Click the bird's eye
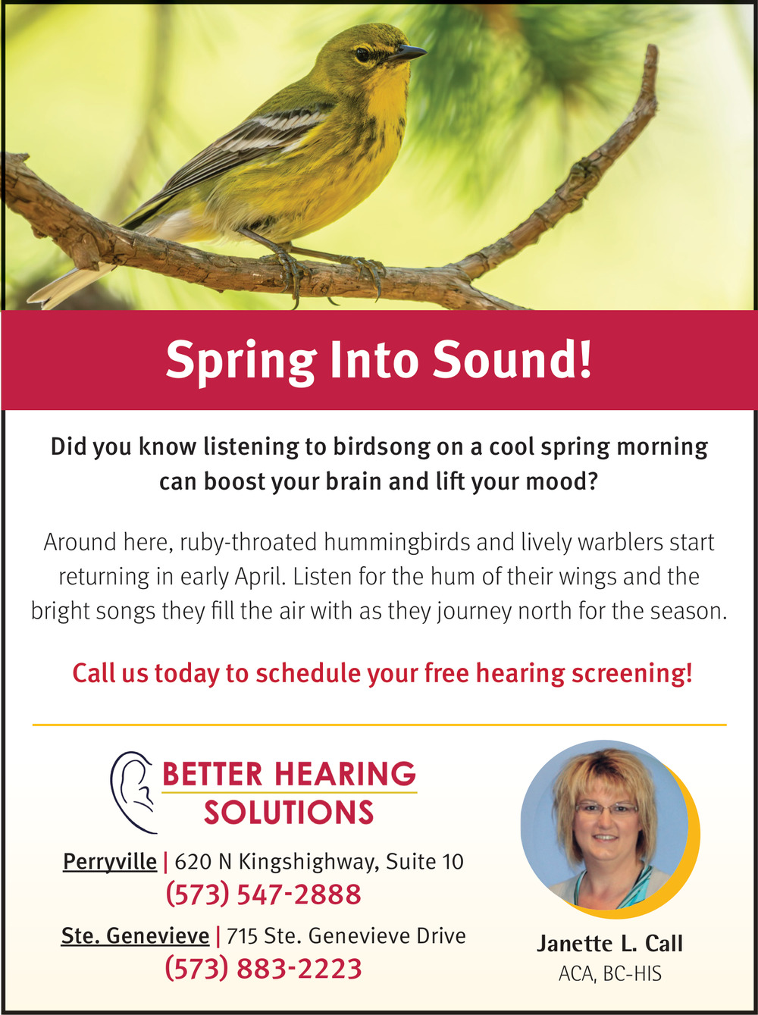[362, 55]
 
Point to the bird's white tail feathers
[69, 287]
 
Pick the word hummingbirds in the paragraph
[396, 543]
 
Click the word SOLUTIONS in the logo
[288, 813]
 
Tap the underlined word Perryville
[110, 861]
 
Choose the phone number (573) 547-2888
[264, 894]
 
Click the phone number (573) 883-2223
[264, 969]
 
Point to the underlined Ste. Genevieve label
[135, 936]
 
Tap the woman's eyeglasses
[606, 809]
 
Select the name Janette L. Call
[609, 944]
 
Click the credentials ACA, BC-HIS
[610, 973]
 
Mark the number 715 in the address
[243, 936]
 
